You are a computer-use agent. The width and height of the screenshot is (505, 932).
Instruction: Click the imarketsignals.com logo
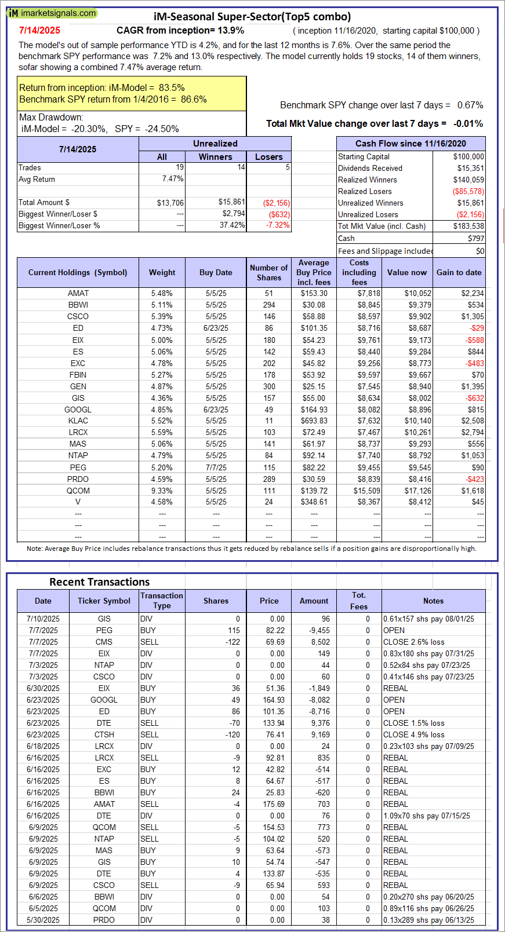point(52,13)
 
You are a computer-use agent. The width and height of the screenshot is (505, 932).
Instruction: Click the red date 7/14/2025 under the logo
point(39,30)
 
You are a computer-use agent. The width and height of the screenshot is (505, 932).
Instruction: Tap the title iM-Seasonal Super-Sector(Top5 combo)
point(252,17)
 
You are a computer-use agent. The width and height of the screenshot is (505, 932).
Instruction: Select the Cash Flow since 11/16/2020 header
point(410,144)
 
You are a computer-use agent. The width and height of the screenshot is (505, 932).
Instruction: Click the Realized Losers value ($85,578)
point(468,191)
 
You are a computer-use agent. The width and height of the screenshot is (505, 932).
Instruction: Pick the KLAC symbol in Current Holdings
point(78,421)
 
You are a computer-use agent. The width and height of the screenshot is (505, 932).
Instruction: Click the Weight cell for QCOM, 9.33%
point(162,491)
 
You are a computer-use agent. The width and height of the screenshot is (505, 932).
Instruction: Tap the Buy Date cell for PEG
point(216,467)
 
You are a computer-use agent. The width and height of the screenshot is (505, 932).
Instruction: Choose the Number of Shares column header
point(268,272)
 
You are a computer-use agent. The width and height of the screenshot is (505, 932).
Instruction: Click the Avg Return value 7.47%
point(173,179)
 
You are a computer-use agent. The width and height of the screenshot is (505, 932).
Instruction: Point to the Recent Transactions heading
point(99,582)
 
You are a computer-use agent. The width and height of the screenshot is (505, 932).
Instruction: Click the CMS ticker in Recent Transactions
point(104,642)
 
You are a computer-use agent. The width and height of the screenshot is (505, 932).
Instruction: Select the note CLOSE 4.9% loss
point(413,734)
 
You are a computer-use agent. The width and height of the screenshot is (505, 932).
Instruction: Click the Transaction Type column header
point(162,601)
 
